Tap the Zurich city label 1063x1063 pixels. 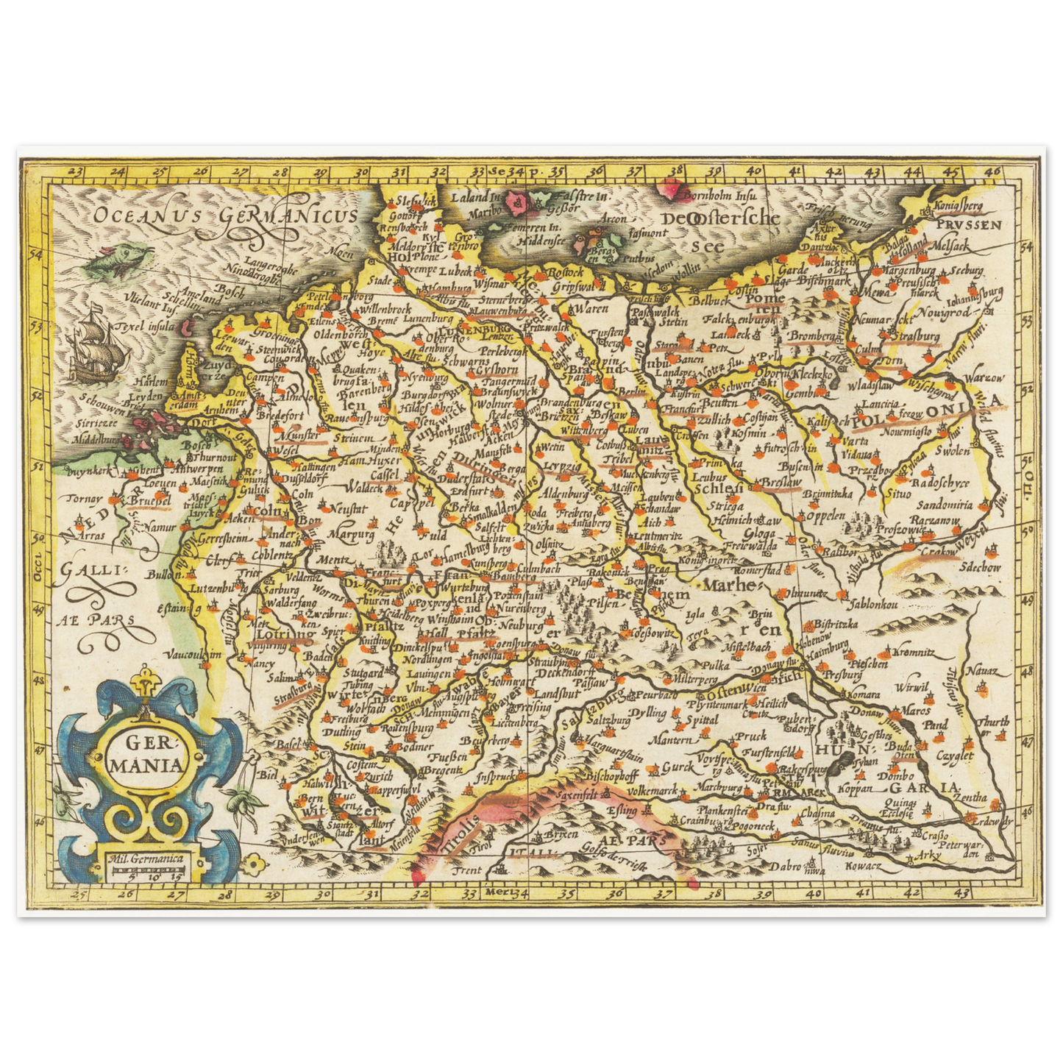coord(377,775)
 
